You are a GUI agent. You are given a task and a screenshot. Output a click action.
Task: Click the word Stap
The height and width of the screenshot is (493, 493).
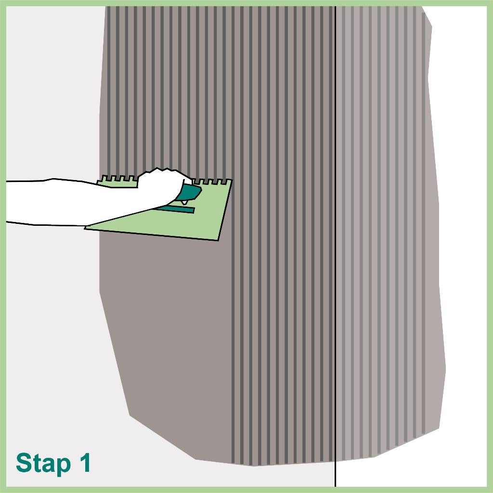[x=42, y=464]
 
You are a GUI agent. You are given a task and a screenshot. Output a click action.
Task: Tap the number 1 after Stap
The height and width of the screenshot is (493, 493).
[x=83, y=463]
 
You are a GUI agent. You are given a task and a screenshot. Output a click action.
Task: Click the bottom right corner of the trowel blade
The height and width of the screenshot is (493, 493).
[x=218, y=240]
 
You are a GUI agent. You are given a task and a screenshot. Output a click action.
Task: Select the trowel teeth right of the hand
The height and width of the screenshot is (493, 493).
[x=212, y=182]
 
